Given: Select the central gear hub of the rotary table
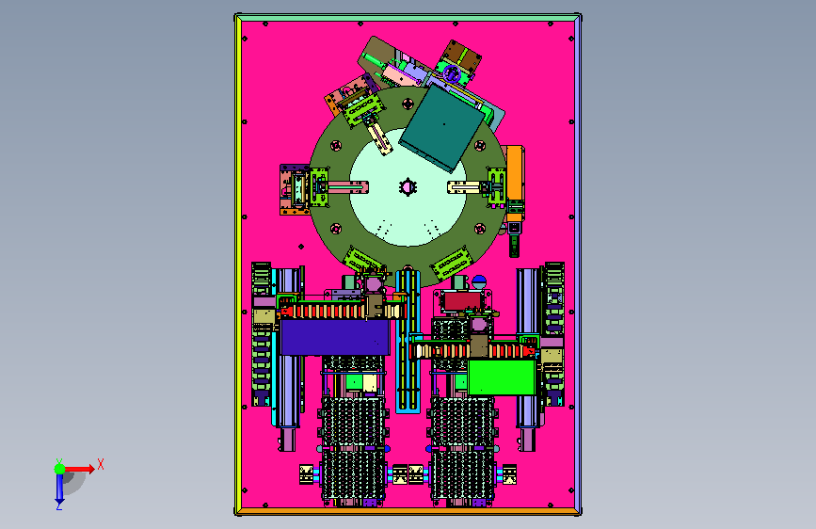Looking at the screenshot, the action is click(408, 186).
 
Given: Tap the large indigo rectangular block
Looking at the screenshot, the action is click(335, 337).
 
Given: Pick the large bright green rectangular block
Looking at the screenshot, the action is click(502, 377).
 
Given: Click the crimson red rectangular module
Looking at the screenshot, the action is click(462, 300).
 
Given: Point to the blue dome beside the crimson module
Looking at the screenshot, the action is click(479, 282).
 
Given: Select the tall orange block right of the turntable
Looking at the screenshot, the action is click(515, 173).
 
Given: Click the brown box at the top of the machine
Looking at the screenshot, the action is click(461, 56).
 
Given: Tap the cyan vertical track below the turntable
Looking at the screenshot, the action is click(408, 342).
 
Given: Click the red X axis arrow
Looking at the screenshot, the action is click(79, 469).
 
